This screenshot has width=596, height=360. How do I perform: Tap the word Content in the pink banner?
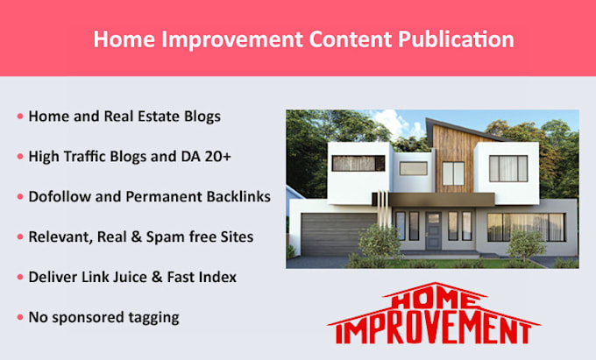[344, 39]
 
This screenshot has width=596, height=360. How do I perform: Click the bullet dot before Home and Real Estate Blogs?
[20, 116]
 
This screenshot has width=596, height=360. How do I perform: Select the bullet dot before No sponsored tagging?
[20, 317]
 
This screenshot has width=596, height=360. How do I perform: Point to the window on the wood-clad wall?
[453, 173]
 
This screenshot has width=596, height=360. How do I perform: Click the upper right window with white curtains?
[508, 168]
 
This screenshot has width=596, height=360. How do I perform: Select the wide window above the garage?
[358, 164]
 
